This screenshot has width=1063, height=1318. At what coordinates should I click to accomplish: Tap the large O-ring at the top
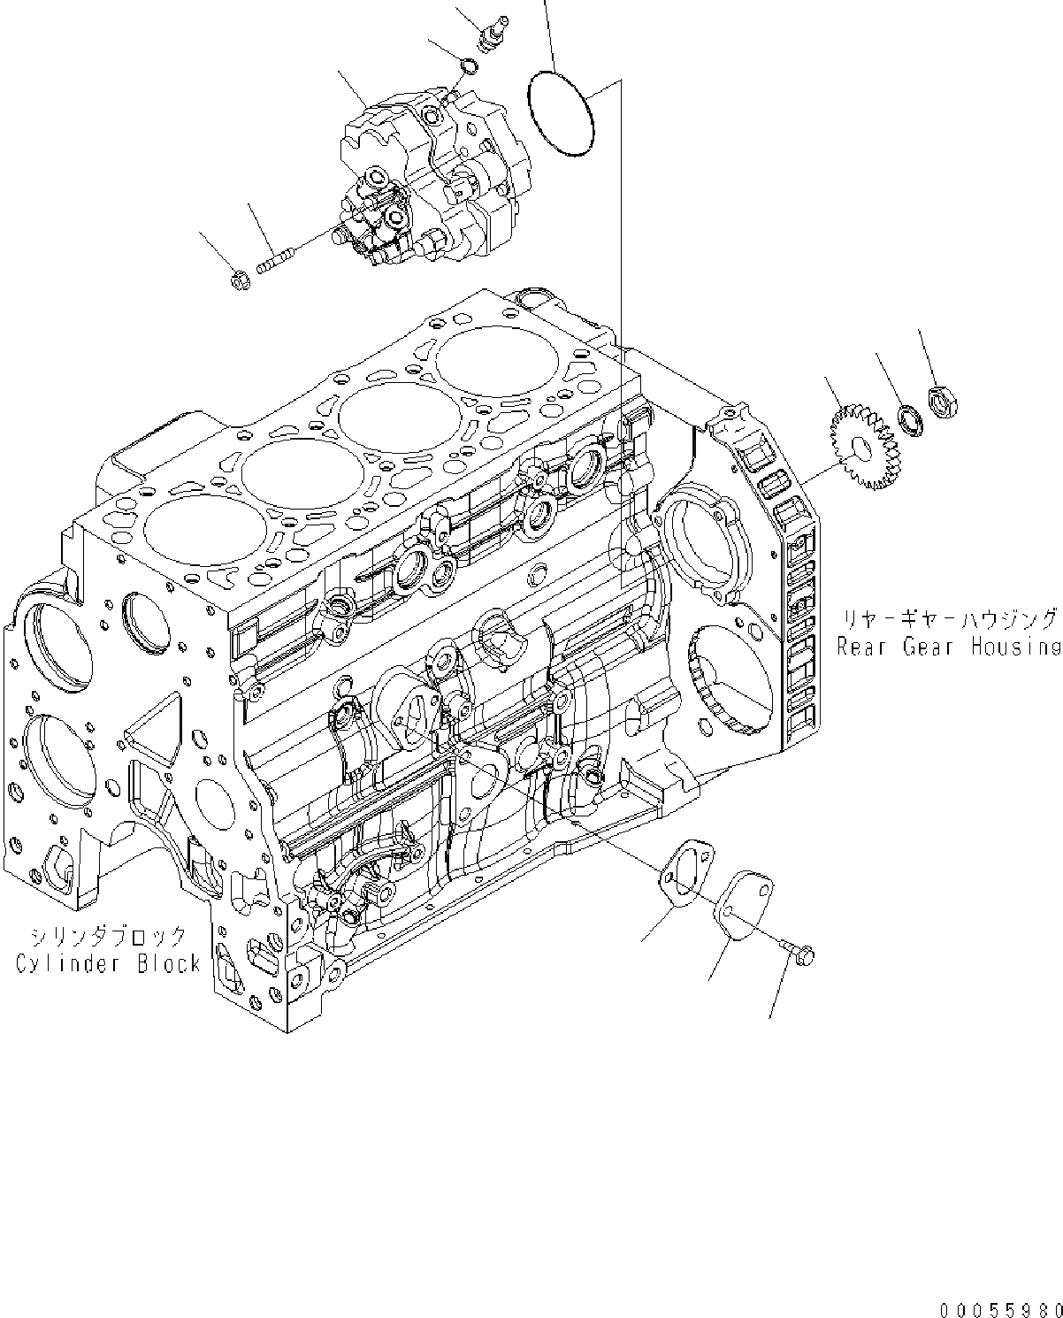coord(561,115)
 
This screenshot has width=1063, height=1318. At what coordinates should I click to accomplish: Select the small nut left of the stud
coord(239,280)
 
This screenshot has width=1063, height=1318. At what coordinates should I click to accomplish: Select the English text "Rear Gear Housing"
coord(948,647)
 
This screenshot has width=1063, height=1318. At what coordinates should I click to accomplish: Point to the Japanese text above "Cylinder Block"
coord(108,936)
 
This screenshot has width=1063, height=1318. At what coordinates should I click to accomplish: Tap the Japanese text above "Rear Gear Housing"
coord(948,619)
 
